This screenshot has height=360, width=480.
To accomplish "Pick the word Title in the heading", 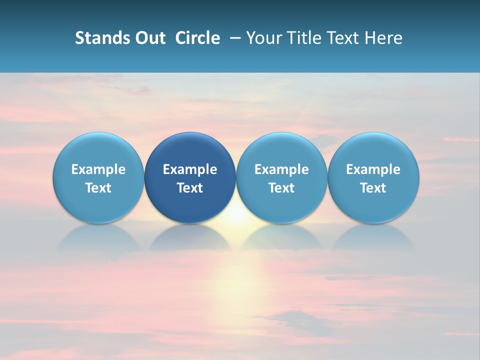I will coord(305,38).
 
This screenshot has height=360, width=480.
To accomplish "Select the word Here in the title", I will coord(385,38).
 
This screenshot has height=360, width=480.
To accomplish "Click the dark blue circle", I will coord(190,150).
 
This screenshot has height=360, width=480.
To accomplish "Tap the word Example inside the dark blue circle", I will coord(190,169).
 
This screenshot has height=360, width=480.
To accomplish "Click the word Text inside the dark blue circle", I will coord(190,188).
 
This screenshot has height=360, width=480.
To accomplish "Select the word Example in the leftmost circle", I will coord(98,169).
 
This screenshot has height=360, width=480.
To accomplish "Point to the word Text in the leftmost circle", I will coord(98,188).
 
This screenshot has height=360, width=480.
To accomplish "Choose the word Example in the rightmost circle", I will coord(373,169).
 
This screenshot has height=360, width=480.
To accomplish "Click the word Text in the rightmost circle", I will coord(373,188).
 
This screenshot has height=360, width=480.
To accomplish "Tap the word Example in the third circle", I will coord(281,169).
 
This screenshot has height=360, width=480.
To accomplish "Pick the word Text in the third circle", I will coord(281,188).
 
